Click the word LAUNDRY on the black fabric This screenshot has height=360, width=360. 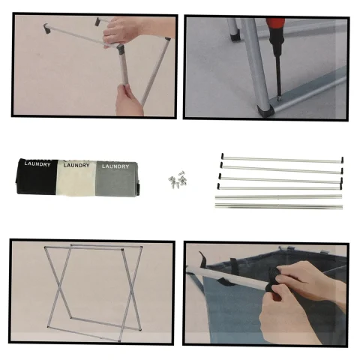tap(37, 164)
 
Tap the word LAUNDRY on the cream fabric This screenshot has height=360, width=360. tap(76, 165)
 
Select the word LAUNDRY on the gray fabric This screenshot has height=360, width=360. tap(115, 166)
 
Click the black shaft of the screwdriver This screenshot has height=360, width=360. tap(278, 75)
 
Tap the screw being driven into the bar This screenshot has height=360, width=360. tap(278, 98)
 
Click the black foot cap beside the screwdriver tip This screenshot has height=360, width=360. tap(265, 110)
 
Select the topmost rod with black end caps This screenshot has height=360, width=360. tap(282, 159)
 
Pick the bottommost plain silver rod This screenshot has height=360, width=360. tap(279, 206)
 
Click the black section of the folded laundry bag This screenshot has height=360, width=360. tap(37, 177)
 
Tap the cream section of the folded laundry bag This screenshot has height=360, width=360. tap(76, 178)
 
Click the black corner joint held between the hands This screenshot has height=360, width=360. tap(121, 49)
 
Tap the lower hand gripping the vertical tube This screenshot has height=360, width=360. tap(129, 100)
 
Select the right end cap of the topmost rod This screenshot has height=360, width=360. tap(342, 160)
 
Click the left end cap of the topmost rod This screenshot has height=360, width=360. tap(222, 157)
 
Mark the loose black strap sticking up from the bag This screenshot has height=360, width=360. tap(203, 258)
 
